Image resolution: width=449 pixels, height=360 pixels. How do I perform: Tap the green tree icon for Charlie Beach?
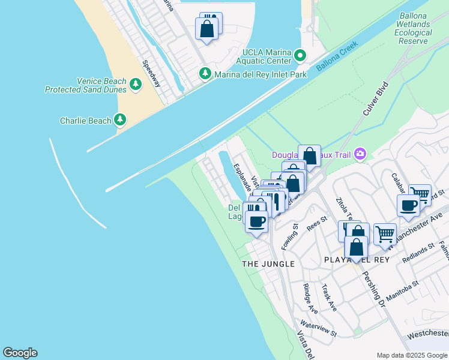coord(121,121)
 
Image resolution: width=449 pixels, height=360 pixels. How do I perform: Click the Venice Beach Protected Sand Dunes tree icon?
coord(135,86)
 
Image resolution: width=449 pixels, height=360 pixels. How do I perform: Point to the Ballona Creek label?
coord(337,54)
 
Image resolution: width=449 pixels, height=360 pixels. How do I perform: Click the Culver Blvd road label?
coord(376,99)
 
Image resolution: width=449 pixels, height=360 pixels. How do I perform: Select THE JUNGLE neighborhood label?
coord(268,264)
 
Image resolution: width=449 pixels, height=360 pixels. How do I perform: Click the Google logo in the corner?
coord(20,353)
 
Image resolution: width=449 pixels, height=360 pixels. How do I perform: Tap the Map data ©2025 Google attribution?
coord(411,355)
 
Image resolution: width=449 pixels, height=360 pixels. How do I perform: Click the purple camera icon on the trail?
coord(360,154)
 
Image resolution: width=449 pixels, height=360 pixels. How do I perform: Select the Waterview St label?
coord(319,329)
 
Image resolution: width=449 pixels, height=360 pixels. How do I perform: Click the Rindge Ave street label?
coord(310,298)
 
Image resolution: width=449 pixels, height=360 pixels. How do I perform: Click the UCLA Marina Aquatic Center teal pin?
coord(301,56)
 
